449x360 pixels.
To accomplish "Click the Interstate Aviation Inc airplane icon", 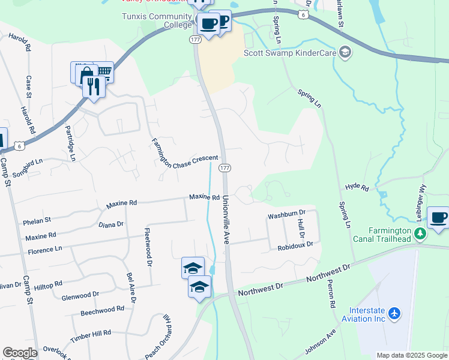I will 394,313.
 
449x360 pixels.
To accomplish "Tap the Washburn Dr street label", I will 287,212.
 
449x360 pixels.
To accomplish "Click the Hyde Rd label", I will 357,188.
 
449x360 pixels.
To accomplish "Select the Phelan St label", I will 37,221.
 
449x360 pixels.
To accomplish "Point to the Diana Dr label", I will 110,224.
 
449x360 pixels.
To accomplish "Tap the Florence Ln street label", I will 44,248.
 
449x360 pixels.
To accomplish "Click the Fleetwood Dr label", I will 148,245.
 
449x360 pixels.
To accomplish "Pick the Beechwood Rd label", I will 102,311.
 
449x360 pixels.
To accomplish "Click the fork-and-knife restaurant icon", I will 94,86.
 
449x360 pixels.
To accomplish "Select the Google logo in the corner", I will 20,353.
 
